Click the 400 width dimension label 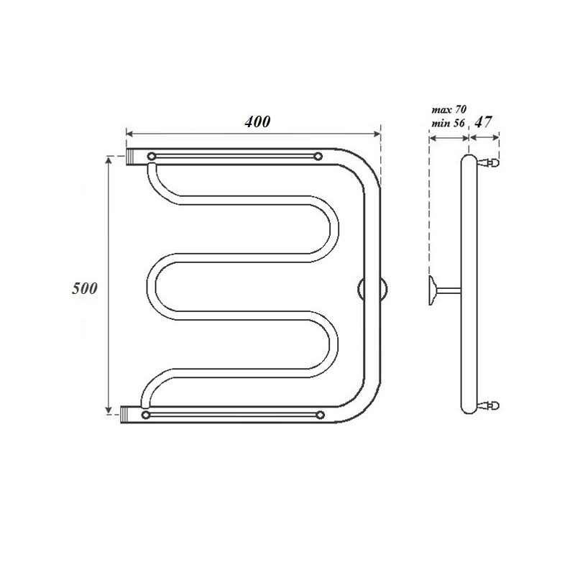[257, 122]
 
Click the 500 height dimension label [85, 288]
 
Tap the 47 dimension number [484, 122]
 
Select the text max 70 [449, 111]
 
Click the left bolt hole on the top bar [151, 156]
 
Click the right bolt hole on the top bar [318, 156]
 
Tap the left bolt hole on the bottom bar [147, 415]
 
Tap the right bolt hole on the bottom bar [318, 415]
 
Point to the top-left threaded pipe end [132, 156]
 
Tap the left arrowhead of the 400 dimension [129, 133]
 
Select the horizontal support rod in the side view [448, 289]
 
